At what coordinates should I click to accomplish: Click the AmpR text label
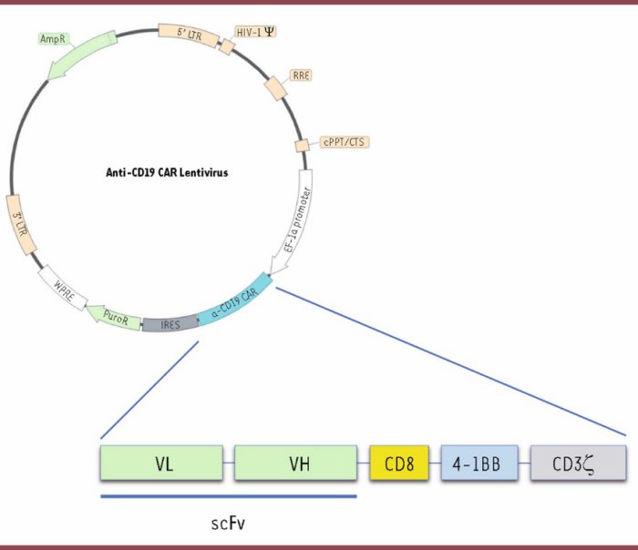[x=51, y=39]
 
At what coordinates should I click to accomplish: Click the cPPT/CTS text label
[x=345, y=142]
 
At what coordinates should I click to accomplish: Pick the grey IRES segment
[x=170, y=323]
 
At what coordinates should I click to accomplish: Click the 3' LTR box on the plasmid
[x=15, y=221]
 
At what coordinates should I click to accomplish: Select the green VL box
[x=162, y=463]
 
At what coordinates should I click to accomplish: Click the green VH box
[x=294, y=463]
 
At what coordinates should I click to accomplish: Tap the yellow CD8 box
[x=399, y=463]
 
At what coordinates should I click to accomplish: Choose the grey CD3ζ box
[x=578, y=463]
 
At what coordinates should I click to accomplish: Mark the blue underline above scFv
[x=228, y=496]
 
